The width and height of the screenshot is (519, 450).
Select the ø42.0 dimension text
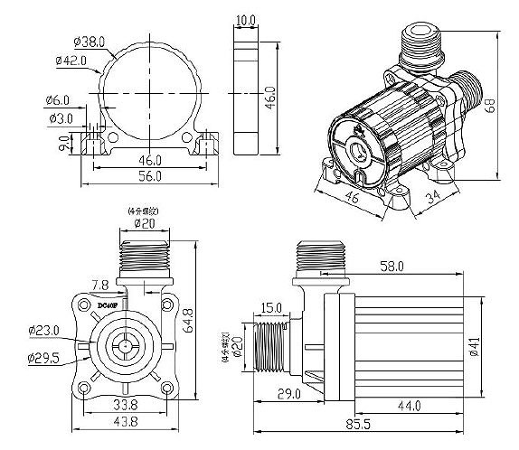[x=71, y=61]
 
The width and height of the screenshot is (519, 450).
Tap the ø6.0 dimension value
[x=57, y=100]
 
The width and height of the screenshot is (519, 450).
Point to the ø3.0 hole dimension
[x=61, y=117]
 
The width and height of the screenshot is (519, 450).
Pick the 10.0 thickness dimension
[x=246, y=19]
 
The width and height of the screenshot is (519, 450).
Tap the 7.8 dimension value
[x=101, y=286]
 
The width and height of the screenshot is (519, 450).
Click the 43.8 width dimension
[x=124, y=424]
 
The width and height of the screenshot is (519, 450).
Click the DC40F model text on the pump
[x=107, y=306]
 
